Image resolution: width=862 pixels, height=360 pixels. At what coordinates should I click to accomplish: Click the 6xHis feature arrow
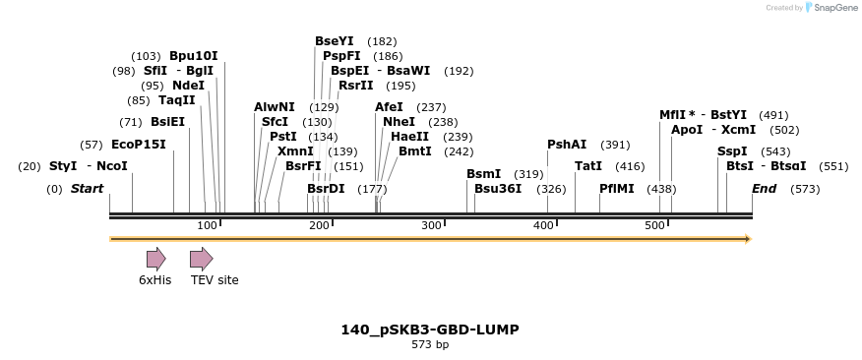155,259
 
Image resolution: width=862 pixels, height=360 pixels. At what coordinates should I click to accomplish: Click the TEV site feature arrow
201,259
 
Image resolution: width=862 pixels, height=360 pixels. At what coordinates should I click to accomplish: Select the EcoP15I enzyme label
138,145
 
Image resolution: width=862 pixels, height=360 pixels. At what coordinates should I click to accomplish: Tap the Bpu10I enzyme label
194,56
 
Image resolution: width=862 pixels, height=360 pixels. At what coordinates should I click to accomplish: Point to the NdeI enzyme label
188,86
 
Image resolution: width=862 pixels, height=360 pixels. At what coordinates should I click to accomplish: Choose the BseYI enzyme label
335,41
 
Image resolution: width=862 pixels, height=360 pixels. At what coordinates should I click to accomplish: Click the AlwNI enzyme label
275,107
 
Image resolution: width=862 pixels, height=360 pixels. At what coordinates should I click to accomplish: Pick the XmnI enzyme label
295,151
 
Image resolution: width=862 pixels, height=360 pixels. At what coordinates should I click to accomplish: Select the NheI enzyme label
400,122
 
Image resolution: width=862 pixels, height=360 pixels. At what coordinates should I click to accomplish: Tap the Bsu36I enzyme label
498,188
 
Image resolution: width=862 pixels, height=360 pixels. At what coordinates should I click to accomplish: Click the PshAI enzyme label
567,145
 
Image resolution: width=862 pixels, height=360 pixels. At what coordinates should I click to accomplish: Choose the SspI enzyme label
732,151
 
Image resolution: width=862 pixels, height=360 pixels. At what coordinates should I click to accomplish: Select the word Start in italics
87,188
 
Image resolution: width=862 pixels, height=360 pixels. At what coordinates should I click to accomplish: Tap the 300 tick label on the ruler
431,226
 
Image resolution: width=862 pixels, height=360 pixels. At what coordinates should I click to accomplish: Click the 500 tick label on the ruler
655,226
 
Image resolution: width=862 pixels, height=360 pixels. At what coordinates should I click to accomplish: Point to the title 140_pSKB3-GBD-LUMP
430,330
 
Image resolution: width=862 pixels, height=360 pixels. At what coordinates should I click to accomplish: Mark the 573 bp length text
430,345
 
